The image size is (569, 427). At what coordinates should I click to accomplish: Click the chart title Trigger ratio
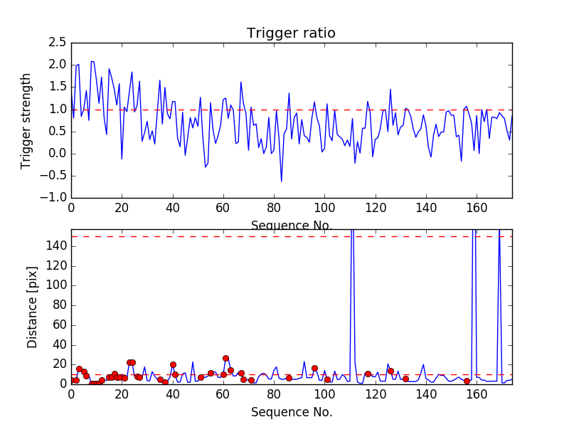(291, 33)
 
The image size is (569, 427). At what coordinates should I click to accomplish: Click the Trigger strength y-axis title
(26, 120)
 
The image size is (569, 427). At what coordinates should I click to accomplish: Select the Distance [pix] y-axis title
(33, 306)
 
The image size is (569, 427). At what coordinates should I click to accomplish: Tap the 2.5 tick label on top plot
(55, 43)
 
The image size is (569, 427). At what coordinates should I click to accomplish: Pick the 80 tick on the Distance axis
(58, 305)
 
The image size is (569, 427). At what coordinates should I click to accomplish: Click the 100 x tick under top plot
(324, 208)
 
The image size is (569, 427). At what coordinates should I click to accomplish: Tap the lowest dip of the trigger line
(281, 181)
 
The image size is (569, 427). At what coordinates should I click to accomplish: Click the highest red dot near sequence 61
(225, 359)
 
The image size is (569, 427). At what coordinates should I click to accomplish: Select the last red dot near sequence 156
(467, 381)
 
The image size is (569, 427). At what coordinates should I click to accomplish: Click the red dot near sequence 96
(314, 368)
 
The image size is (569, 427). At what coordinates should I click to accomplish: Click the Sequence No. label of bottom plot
(291, 411)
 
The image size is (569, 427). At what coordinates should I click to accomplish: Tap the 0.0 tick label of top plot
(55, 154)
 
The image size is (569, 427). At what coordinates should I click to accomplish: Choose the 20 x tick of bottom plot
(122, 394)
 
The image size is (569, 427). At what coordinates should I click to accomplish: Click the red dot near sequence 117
(368, 374)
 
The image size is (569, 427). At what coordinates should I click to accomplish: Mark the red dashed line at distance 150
(213, 236)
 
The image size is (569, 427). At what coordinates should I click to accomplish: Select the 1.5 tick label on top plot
(55, 87)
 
